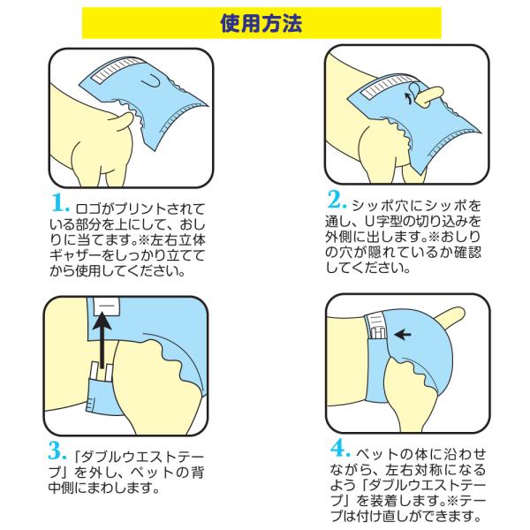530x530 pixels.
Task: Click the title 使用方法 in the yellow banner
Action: pos(265,22)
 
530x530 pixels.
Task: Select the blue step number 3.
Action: pos(56,453)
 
